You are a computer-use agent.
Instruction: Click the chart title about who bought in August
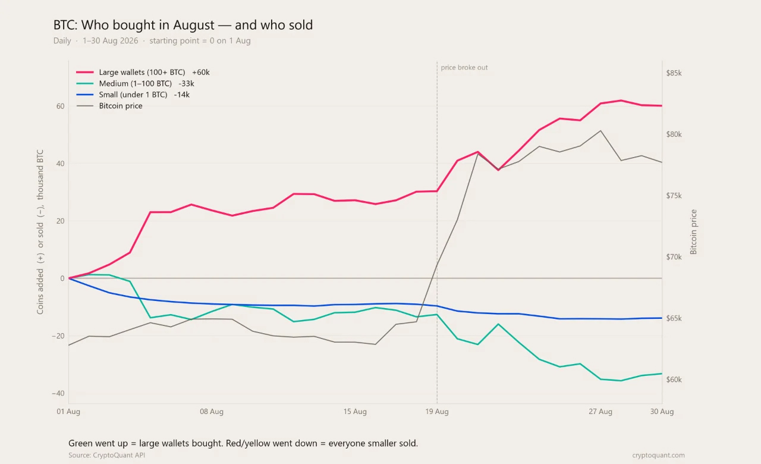tap(183, 25)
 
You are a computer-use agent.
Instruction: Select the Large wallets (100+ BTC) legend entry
tap(143, 72)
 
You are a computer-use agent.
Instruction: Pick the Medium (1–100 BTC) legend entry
tap(135, 83)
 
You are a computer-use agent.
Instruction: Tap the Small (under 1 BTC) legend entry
tap(133, 95)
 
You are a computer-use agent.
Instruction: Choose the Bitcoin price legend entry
tap(109, 106)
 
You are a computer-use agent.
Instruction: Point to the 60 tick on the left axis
tap(61, 106)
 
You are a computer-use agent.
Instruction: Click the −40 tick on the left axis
tap(58, 393)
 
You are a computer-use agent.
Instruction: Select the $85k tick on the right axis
tap(674, 73)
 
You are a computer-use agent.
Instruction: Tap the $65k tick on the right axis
tap(674, 318)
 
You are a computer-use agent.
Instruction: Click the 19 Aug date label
tap(437, 412)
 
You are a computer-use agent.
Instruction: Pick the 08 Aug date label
tap(212, 412)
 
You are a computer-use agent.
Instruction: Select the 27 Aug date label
tap(600, 412)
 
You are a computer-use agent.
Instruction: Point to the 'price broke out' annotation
tap(464, 67)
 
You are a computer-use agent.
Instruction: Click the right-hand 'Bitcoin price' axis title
tap(693, 232)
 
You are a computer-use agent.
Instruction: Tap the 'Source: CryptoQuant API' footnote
tap(106, 455)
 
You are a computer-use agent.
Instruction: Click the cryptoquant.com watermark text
tap(658, 455)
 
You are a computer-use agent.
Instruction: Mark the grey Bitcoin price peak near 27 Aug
tap(600, 130)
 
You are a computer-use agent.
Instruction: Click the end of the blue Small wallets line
tap(662, 318)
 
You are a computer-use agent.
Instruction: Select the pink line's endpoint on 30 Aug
tap(662, 106)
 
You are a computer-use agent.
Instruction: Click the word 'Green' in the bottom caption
tap(80, 443)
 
